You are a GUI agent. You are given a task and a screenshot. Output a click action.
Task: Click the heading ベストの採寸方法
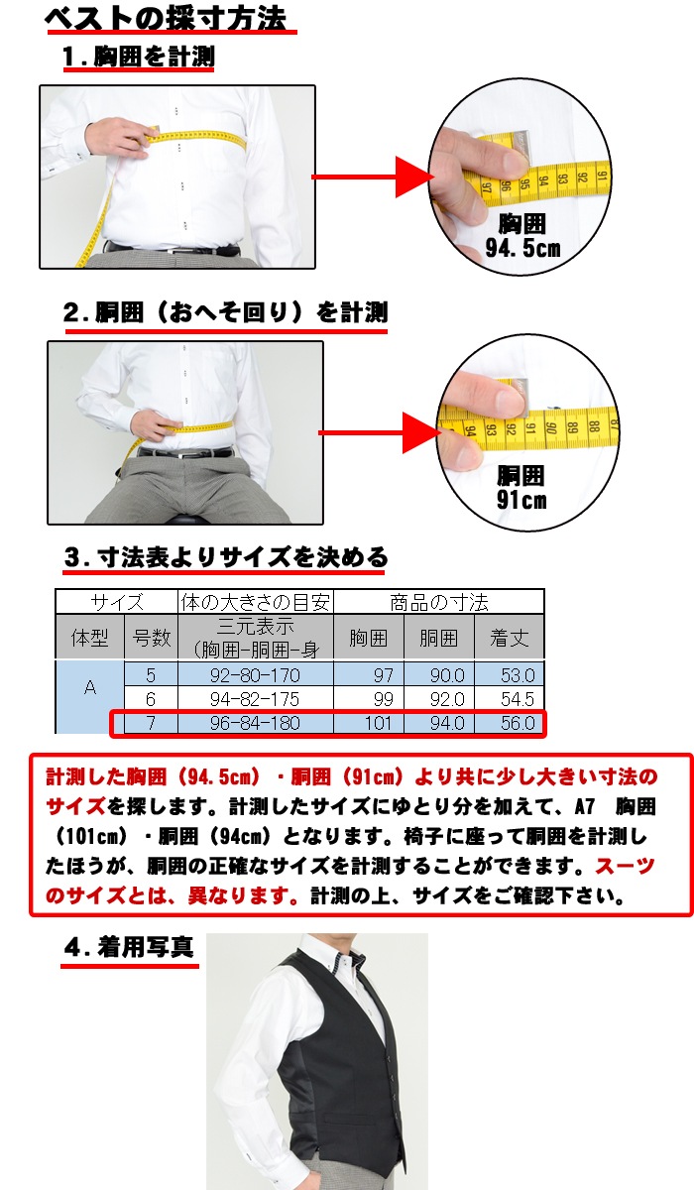click(x=166, y=19)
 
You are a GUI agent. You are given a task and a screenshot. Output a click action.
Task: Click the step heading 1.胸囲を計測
click(x=138, y=57)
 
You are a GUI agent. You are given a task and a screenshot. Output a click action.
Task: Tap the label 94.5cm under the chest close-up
click(x=522, y=248)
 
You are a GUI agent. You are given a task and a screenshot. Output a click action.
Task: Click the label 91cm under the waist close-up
click(x=521, y=500)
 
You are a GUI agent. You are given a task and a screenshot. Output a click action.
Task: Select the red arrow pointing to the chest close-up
click(x=373, y=177)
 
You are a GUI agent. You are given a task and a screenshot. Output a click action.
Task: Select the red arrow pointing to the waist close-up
click(x=380, y=432)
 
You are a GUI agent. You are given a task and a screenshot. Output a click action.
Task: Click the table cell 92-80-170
click(x=255, y=675)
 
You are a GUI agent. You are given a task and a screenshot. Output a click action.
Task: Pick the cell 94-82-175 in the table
click(x=255, y=699)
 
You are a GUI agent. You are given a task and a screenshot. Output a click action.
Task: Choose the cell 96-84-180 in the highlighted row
click(x=255, y=723)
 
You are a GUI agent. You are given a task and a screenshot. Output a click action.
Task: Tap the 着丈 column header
click(x=510, y=638)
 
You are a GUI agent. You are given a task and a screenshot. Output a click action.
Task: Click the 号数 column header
click(x=152, y=638)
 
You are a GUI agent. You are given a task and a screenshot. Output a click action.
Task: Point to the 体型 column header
click(x=90, y=638)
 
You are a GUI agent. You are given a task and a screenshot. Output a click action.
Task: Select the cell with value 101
click(x=378, y=723)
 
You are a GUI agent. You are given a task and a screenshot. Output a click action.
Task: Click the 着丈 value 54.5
click(x=518, y=699)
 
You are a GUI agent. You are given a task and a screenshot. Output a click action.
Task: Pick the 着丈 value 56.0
click(x=518, y=723)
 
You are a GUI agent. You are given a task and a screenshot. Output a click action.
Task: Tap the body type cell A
click(x=90, y=688)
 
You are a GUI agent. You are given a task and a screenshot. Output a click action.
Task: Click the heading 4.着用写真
click(x=129, y=947)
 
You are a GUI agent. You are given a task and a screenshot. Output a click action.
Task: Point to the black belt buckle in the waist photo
click(x=185, y=454)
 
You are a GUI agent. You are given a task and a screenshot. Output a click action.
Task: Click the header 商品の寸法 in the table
click(x=438, y=603)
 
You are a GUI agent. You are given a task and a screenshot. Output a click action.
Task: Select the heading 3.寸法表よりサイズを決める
click(x=226, y=557)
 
